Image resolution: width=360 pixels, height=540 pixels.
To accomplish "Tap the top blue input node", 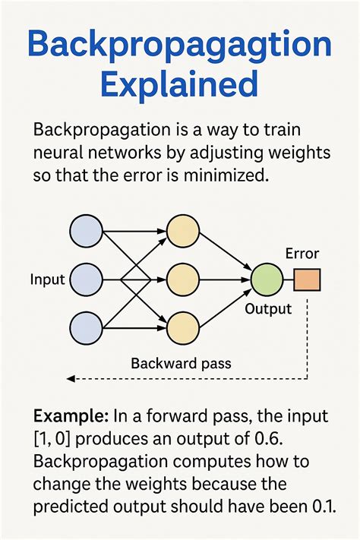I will click(85, 231).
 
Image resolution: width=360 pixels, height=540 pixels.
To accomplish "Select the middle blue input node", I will click(85, 279).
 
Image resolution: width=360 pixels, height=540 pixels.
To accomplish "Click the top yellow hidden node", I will click(182, 231).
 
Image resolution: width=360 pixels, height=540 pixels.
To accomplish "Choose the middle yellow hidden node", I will click(182, 279).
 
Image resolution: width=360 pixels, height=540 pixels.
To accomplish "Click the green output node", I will click(265, 279).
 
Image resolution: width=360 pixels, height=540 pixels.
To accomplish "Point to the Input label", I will click(47, 279).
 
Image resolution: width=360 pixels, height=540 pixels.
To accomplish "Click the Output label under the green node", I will click(268, 309).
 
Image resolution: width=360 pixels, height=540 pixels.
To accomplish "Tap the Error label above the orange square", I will click(302, 254).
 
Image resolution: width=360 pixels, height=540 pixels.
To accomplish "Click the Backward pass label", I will click(181, 363).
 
